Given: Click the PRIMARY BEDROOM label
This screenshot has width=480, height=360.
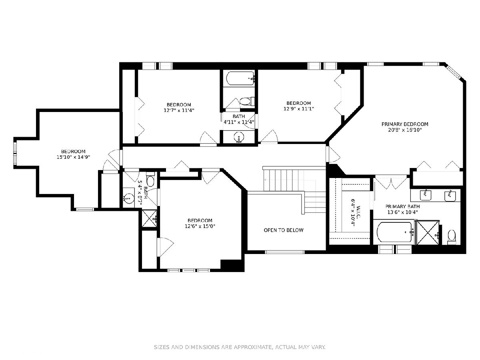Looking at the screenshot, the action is pos(404,124).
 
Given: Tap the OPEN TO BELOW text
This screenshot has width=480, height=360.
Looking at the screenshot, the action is pos(284,230).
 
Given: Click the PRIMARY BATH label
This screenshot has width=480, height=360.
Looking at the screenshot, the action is pos(402,206).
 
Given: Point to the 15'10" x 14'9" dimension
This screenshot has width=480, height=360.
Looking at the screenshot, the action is pos(73,157).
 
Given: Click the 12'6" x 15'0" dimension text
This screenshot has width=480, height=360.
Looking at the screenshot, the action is pos(200,226).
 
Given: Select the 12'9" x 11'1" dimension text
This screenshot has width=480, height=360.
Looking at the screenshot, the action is pos(298,109).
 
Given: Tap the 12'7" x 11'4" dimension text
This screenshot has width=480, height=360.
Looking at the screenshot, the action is pos(179,110).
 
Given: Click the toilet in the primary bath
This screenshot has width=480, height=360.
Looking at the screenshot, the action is pos(452,237).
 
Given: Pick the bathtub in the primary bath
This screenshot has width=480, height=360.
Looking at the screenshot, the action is pos(395,232).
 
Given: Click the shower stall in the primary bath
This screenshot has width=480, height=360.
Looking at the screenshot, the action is pos(427,232).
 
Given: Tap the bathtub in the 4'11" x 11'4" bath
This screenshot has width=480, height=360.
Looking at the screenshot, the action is pos(240,78).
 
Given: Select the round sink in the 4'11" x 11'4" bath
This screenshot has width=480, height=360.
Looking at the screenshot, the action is pos(239,137).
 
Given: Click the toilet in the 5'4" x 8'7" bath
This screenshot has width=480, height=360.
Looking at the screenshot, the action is pos(150,180).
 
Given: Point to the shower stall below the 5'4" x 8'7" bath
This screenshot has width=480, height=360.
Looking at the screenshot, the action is pos(149,218).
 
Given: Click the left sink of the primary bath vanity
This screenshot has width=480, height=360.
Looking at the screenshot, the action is pos(425,195).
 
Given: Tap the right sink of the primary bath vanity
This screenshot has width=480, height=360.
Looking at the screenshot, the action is pos(450,196).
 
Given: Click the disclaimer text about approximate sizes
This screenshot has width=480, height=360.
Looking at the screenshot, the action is pos(240,347).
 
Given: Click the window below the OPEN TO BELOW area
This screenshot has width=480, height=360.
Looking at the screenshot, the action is pos(285,252).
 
